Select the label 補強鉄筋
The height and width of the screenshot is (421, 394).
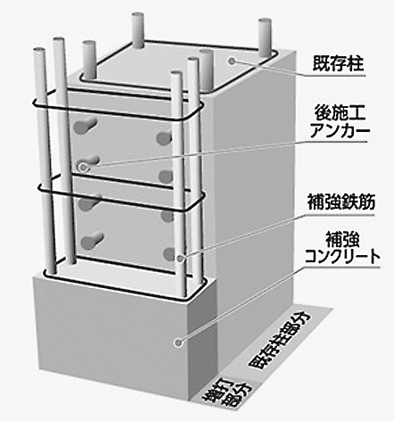coord(341,202)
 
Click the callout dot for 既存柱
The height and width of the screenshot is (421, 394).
coord(232,62)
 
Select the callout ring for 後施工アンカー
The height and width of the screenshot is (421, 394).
coord(83,168)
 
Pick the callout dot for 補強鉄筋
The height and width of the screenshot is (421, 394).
coord(180,258)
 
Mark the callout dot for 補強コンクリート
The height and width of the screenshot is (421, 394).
coord(178,343)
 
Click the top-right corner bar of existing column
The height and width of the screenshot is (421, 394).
coord(264,37)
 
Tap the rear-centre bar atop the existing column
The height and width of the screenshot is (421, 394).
coord(138,30)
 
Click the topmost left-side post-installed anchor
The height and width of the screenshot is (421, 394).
coord(86,126)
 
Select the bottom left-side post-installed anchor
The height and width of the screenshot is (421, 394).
coord(92,241)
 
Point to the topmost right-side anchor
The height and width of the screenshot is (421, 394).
coord(164,137)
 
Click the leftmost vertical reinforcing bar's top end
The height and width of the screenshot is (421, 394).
coord(39,51)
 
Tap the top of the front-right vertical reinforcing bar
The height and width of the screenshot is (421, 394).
coord(176,74)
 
